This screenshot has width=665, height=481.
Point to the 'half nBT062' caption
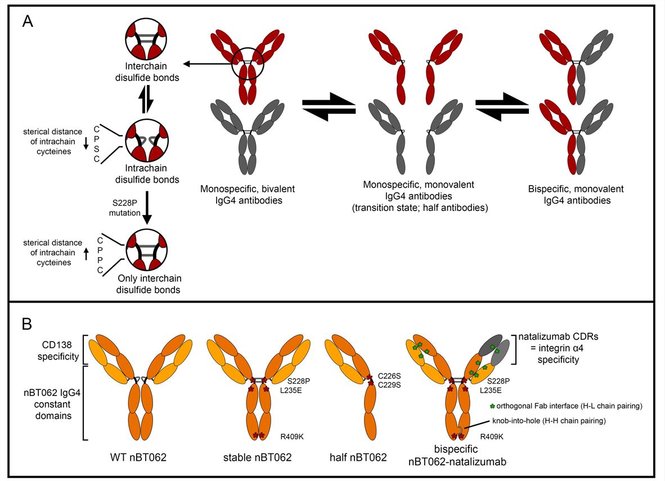[358, 457]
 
